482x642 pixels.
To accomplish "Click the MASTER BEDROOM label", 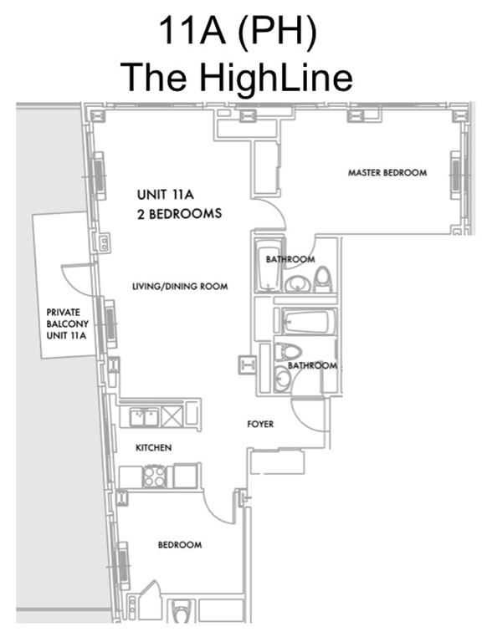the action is coord(387,173).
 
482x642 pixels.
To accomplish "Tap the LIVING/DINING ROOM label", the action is coord(180,286).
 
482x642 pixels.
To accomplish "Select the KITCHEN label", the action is coord(154,447).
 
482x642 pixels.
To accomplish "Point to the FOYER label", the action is coord(260,424).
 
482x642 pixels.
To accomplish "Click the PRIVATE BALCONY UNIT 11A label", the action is coord(67,324).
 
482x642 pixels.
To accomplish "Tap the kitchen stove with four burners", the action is coord(155,476).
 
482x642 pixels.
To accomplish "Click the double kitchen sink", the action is coord(144,417).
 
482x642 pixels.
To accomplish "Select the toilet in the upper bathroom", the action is coord(322,279).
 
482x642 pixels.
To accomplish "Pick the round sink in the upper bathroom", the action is coord(298,283).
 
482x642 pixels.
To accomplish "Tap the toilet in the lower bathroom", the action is coord(287,352).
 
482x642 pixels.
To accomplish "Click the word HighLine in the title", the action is coord(276,78).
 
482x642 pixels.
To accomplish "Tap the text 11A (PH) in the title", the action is coord(238,31).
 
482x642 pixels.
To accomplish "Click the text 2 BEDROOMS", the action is coord(180,214).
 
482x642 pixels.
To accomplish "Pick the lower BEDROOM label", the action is coord(180,545).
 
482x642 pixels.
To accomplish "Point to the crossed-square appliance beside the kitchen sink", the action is coord(172,417).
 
